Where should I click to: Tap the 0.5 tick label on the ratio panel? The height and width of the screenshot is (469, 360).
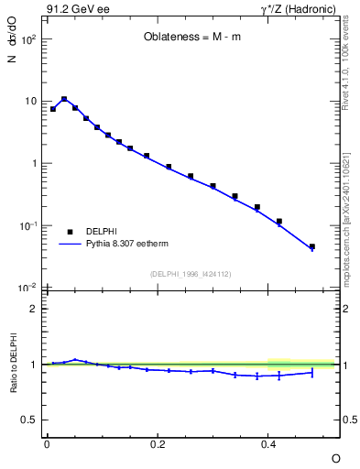(x=29, y=420)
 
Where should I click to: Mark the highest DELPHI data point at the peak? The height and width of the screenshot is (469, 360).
(x=64, y=99)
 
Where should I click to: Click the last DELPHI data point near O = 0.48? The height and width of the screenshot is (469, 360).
(x=312, y=246)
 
